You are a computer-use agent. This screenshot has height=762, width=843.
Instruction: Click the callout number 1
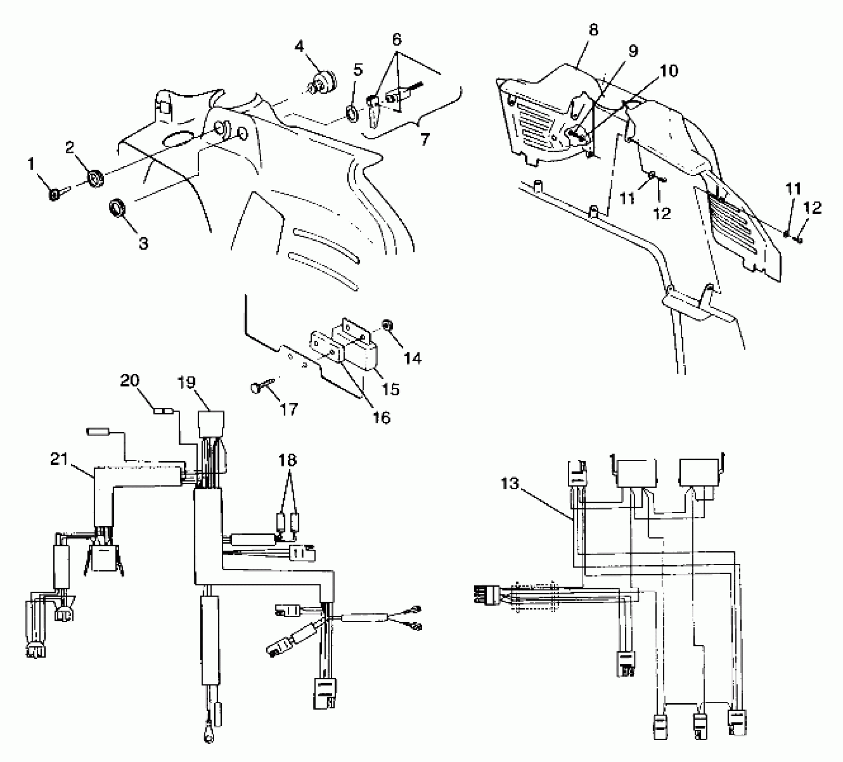pyautogui.click(x=31, y=164)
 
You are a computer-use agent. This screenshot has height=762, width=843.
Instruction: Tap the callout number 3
pyautogui.click(x=143, y=244)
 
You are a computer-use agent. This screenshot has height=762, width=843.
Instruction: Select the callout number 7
pyautogui.click(x=424, y=139)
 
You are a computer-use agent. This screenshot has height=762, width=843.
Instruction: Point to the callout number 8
pyautogui.click(x=593, y=30)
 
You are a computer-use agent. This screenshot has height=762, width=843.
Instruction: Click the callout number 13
pyautogui.click(x=510, y=484)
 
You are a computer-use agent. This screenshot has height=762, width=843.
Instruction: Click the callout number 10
pyautogui.click(x=669, y=71)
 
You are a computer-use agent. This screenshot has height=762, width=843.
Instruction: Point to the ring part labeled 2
pyautogui.click(x=96, y=179)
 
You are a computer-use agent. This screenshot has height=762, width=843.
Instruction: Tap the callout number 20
pyautogui.click(x=130, y=381)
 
